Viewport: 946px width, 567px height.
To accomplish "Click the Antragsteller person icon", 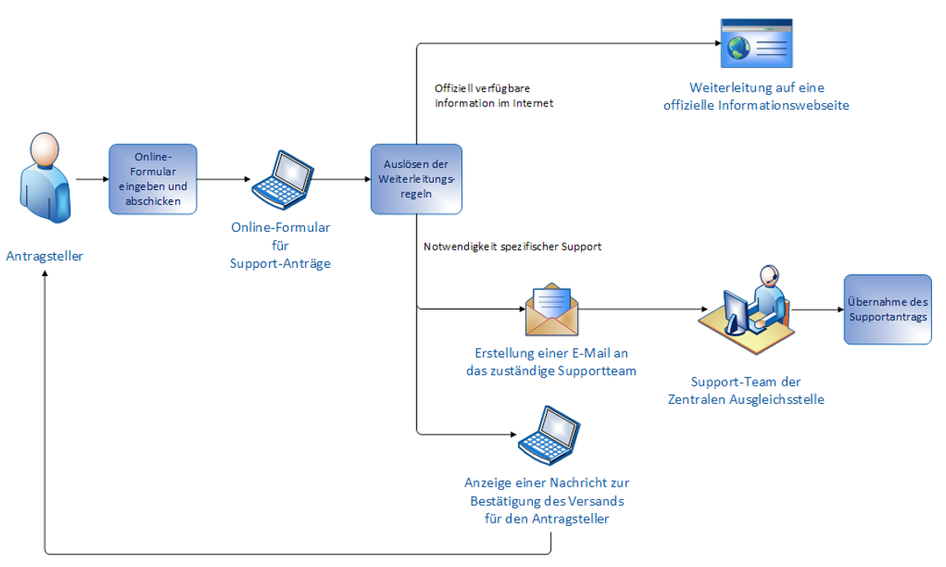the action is click(45, 178).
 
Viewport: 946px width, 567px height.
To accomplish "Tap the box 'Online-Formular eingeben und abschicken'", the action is click(152, 179).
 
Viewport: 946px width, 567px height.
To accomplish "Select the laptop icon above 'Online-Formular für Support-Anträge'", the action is click(282, 179).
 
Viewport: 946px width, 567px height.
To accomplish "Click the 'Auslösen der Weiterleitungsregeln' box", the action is click(416, 179).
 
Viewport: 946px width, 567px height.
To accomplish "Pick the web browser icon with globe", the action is click(757, 43).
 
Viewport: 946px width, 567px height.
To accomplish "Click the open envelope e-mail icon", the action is click(552, 310).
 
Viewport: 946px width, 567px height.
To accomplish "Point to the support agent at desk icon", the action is click(747, 310).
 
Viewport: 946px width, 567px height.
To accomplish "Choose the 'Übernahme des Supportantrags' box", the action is click(888, 310).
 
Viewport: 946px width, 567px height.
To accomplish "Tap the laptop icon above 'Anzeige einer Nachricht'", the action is click(549, 436).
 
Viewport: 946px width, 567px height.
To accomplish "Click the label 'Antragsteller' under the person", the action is click(44, 256).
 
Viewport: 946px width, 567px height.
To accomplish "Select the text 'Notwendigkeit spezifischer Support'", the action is click(512, 246).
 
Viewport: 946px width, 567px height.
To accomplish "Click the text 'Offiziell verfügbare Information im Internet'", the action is click(493, 96).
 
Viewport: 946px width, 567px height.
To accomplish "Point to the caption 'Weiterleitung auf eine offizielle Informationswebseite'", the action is click(757, 97).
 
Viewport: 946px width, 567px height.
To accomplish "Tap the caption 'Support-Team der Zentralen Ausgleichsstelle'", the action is click(746, 390).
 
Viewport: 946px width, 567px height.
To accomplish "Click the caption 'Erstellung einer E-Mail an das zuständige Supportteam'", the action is click(552, 361).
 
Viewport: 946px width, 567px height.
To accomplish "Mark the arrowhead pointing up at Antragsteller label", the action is click(45, 273).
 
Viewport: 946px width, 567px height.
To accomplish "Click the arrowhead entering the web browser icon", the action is click(718, 43).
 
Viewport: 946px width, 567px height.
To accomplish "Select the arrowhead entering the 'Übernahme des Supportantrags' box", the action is click(840, 310).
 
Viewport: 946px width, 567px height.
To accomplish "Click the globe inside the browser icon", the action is click(739, 48).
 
